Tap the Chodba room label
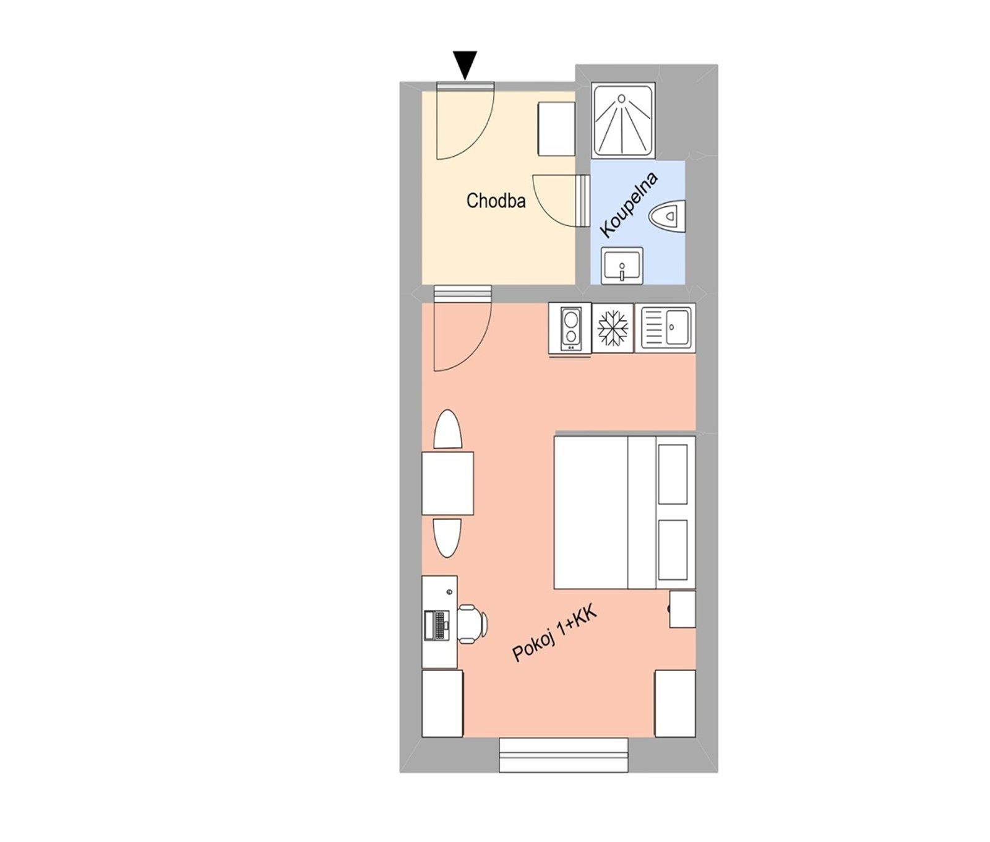(x=496, y=201)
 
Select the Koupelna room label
(x=629, y=206)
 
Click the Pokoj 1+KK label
(x=553, y=635)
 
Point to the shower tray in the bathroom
(x=624, y=120)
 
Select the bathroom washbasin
(x=622, y=266)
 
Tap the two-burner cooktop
(x=570, y=328)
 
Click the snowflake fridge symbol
(x=613, y=328)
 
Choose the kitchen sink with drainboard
(x=665, y=328)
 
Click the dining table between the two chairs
(x=447, y=484)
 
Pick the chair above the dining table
(x=447, y=430)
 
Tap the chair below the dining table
(x=447, y=538)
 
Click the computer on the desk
(x=436, y=625)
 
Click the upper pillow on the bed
(x=673, y=474)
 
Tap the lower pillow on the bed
(x=673, y=550)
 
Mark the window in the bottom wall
(x=564, y=755)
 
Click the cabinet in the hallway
(x=556, y=129)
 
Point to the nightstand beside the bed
(x=682, y=609)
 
